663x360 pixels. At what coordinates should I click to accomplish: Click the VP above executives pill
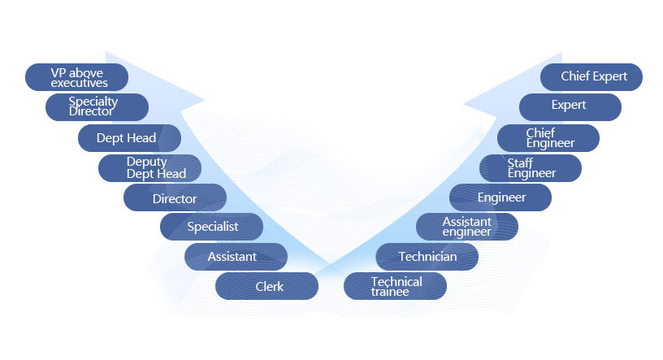point(77,77)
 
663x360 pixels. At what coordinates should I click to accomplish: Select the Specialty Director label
point(97,107)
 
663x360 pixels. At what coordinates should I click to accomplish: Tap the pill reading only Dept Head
point(128,138)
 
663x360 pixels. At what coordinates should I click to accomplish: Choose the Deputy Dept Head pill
point(149,168)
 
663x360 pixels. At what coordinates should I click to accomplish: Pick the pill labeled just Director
point(175,198)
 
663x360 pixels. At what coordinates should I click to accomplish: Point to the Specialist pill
point(211,227)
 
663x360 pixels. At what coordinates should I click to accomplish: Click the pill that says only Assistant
point(236,257)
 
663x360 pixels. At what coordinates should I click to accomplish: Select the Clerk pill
point(266,286)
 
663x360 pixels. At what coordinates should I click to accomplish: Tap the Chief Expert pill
point(591,77)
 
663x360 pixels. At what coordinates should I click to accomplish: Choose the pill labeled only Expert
point(570,106)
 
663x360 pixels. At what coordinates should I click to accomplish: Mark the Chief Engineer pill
point(548,137)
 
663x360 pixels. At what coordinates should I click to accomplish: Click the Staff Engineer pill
point(531,168)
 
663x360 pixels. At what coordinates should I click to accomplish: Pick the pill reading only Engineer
point(500,197)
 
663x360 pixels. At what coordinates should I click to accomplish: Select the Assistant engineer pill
point(467,227)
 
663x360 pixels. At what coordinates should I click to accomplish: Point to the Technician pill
point(427,257)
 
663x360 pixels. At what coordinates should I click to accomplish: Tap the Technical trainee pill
point(396,286)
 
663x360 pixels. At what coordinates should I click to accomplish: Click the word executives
point(80,83)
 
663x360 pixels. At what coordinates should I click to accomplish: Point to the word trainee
point(390,292)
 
